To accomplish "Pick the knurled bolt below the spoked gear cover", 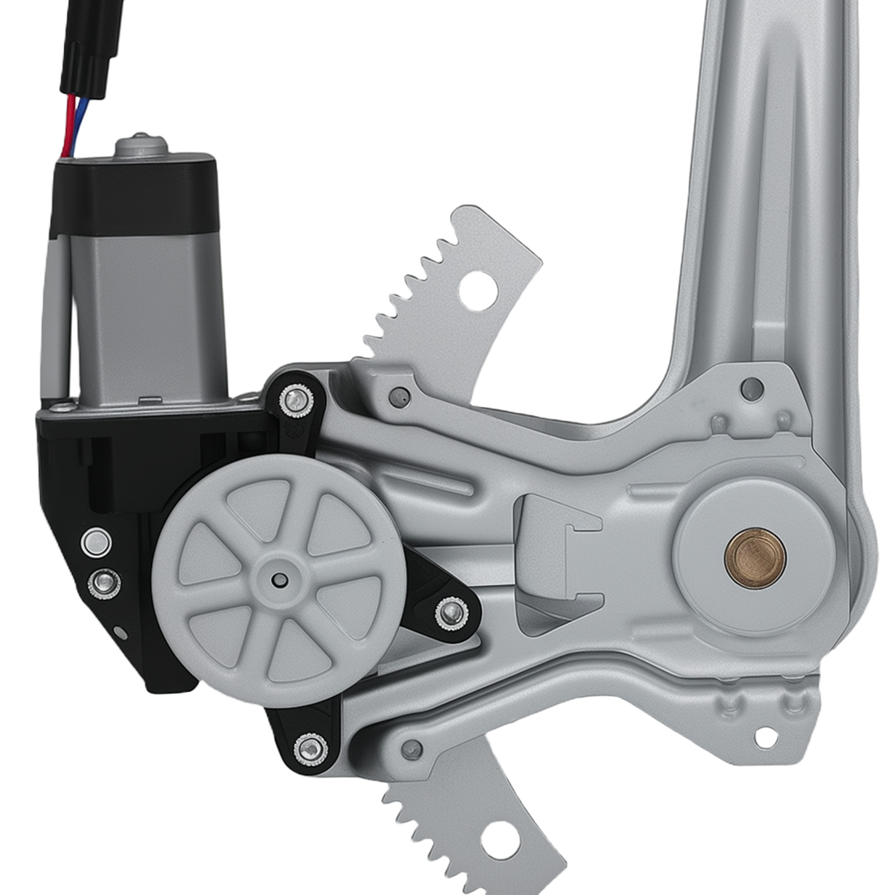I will pyautogui.click(x=309, y=747).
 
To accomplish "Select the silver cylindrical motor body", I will pyautogui.click(x=148, y=313).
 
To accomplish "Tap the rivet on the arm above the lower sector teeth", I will pyautogui.click(x=413, y=746).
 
